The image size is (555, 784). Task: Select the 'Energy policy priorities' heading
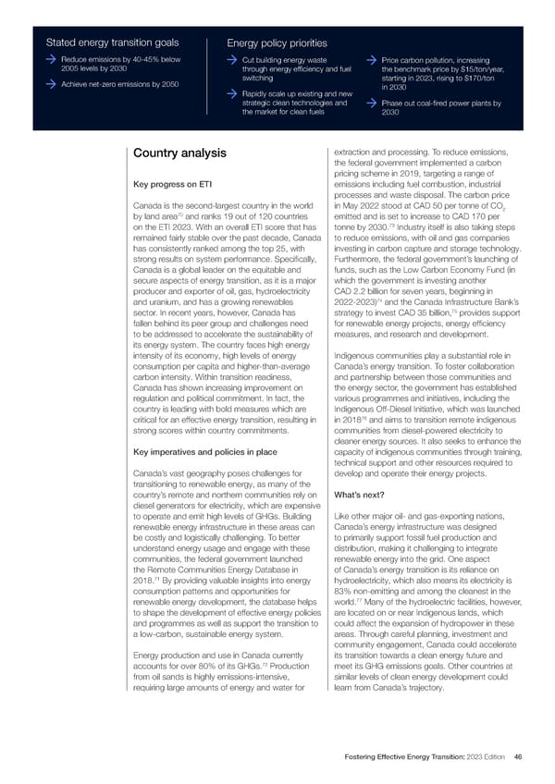277,43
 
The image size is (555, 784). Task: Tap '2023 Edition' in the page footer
487,757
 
